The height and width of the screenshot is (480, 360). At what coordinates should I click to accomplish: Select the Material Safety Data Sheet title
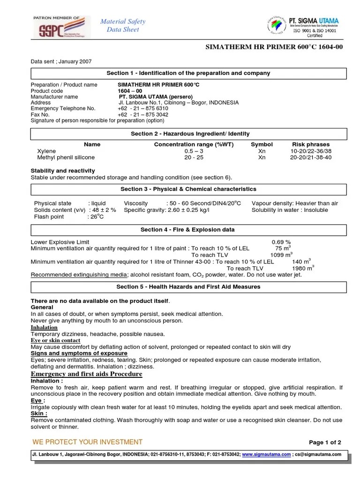tap(123, 25)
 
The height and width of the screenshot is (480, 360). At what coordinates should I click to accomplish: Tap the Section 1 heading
tap(188, 73)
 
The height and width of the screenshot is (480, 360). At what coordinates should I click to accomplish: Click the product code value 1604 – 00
tap(130, 91)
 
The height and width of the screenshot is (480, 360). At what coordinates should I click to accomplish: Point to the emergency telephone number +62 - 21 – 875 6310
tap(143, 108)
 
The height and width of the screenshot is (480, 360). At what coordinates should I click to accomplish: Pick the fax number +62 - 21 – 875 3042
tap(143, 114)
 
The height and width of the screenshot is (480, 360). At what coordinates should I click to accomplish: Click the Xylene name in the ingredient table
tap(46, 151)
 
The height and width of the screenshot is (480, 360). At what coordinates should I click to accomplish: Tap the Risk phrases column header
tap(311, 144)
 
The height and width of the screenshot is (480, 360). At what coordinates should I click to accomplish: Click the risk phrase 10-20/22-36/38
tap(311, 151)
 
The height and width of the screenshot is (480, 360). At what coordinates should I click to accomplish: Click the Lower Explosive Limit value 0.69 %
tap(282, 242)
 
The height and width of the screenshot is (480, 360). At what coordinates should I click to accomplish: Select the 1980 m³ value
tap(303, 268)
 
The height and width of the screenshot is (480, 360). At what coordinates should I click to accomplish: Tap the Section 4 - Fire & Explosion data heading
tap(188, 230)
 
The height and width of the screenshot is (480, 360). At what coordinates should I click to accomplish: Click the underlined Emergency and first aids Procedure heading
tap(86, 374)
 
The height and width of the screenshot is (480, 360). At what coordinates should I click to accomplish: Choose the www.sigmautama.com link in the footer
tap(267, 454)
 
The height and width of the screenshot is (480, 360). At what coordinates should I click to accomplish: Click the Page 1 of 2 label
tap(325, 442)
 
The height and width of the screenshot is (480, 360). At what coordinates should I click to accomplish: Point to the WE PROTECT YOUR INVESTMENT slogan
tap(87, 442)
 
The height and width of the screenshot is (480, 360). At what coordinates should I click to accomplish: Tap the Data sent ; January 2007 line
tap(61, 61)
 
